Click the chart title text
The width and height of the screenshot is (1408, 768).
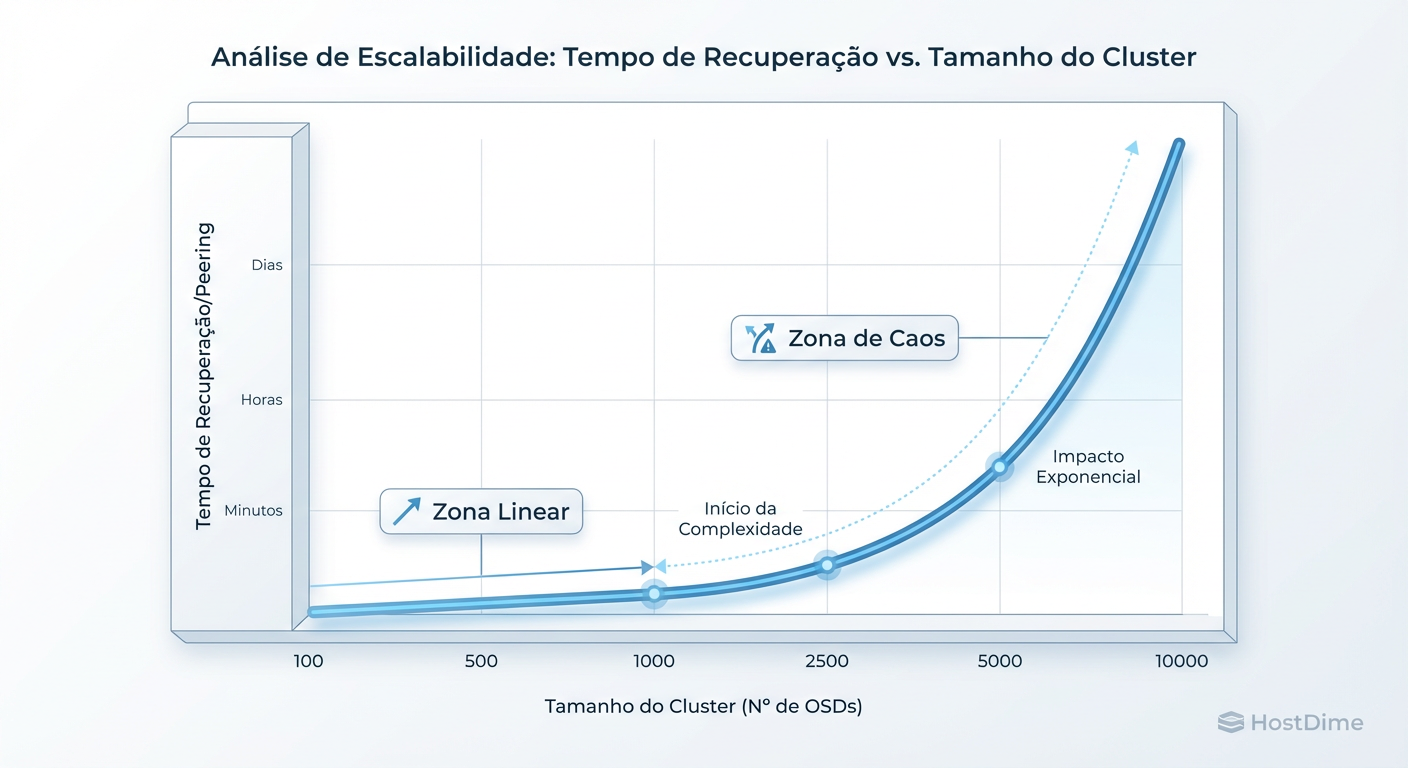pos(703,57)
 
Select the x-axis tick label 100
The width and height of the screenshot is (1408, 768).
pos(309,661)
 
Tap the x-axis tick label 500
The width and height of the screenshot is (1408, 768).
pos(481,661)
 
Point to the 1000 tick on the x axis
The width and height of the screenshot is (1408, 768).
pos(654,661)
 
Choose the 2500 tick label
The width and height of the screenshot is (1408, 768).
pos(827,661)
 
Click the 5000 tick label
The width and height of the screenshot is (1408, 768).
pos(999,661)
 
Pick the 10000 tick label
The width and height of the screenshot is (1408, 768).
pos(1181,661)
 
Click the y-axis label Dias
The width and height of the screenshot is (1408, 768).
pos(267,266)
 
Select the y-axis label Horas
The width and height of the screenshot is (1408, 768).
pos(262,400)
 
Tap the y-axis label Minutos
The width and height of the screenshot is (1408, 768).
pos(253,511)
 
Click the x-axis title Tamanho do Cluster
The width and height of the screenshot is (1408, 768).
pos(703,706)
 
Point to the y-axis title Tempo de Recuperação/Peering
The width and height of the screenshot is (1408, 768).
pos(204,376)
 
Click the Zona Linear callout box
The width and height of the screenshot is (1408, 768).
pos(481,512)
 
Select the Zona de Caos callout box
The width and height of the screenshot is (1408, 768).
pos(845,339)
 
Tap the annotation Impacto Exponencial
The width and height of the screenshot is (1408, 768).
pos(1088,467)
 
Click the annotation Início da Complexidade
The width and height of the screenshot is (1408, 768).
pos(740,519)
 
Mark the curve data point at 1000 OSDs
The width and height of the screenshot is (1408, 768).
pos(654,594)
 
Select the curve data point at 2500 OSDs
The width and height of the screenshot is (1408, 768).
pos(827,565)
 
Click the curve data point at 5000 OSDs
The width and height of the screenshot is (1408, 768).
pos(999,466)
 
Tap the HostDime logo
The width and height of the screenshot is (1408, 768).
pos(1290,722)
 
